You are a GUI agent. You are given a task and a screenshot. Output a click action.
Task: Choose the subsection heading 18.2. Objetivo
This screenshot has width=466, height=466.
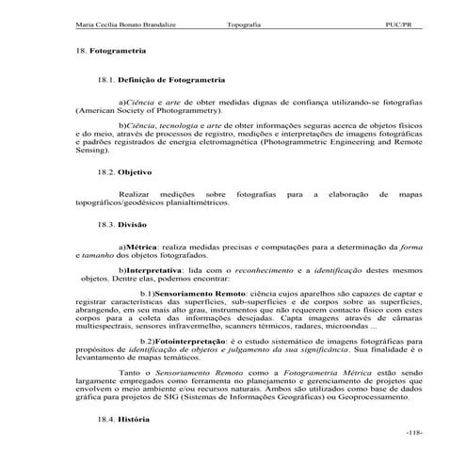125,173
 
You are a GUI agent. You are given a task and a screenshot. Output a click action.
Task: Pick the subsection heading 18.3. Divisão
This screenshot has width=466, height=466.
122,226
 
